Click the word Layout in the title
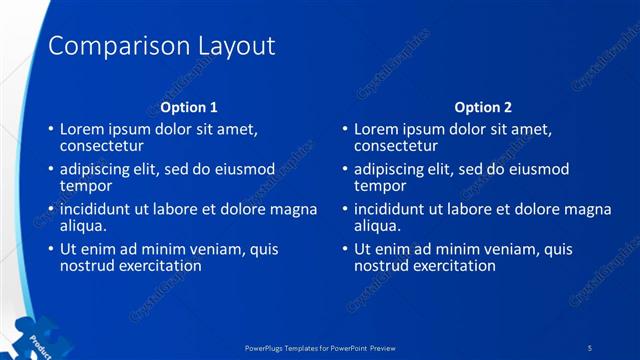[233, 46]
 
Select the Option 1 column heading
[189, 107]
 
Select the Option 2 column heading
[483, 107]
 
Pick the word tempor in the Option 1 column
[86, 186]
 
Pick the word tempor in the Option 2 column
[380, 186]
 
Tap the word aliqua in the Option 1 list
[84, 226]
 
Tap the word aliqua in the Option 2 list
[378, 226]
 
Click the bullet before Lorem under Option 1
[51, 130]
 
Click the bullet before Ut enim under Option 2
[345, 250]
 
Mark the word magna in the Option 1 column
[296, 210]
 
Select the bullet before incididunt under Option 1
[51, 210]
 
